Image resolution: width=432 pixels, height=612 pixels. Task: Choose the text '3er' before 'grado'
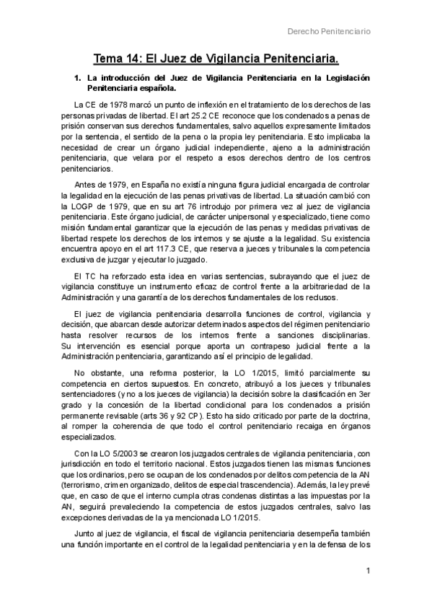point(364,396)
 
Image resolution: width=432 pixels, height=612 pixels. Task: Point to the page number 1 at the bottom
point(368,572)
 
